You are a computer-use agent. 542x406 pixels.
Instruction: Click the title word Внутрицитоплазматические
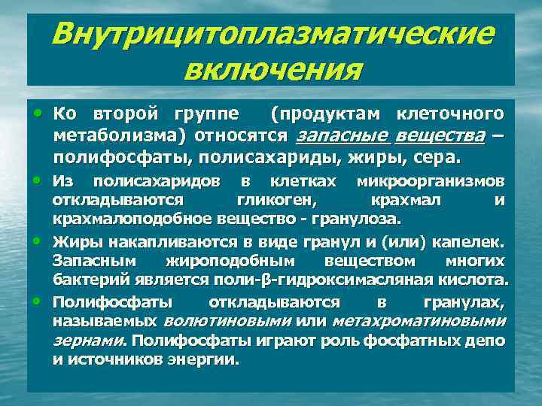coord(275,35)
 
